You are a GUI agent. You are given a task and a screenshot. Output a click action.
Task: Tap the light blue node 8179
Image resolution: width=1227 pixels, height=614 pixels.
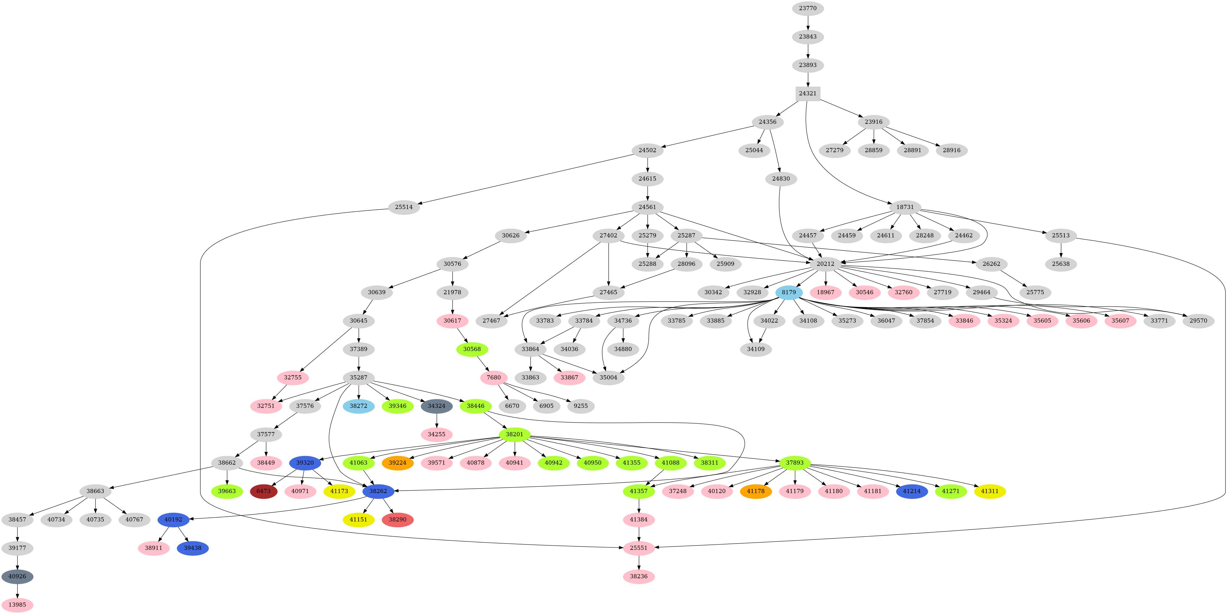click(789, 292)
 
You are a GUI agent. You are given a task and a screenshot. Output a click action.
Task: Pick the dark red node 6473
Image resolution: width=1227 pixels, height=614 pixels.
click(263, 491)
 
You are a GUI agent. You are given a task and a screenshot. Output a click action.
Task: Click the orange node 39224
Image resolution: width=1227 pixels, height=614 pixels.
click(397, 462)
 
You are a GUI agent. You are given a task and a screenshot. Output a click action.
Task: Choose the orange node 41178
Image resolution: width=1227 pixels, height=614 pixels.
click(756, 491)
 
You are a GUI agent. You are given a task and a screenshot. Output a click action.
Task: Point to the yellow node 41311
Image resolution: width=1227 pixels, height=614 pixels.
click(990, 491)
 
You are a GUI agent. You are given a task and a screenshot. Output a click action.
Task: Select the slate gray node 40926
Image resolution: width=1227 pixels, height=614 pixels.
click(17, 576)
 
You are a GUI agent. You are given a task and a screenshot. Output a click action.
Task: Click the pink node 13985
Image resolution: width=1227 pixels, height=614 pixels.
click(17, 605)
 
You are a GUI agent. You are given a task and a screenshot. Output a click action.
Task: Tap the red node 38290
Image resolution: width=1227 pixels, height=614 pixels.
click(397, 520)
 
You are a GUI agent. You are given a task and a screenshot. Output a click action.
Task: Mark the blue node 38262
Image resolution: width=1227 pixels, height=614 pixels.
click(378, 491)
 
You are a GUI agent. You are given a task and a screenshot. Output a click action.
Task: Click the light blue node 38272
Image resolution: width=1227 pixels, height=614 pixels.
click(358, 406)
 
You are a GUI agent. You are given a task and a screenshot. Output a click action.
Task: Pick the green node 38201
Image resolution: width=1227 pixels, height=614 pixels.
click(514, 434)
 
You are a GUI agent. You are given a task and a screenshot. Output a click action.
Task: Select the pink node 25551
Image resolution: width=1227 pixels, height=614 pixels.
click(638, 548)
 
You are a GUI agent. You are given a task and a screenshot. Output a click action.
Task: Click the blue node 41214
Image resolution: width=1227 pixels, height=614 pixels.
click(912, 491)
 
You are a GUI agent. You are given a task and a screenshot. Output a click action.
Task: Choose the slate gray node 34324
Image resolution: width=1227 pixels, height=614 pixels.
click(436, 406)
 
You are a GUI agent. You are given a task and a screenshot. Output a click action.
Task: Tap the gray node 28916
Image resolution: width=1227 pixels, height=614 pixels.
click(951, 150)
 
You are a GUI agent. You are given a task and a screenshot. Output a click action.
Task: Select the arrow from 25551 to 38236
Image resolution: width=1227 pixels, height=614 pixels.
click(638, 562)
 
